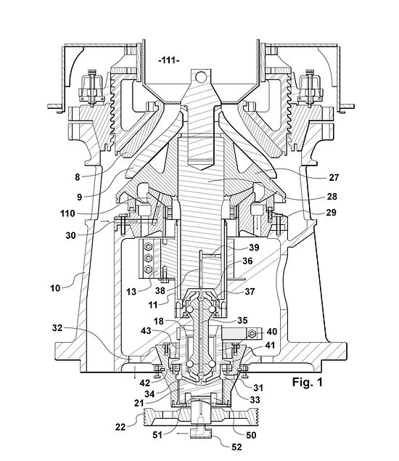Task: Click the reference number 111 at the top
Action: [169, 60]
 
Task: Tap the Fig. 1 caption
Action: [307, 382]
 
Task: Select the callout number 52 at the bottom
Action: [236, 447]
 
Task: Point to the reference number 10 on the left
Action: [55, 287]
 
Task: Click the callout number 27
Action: [334, 178]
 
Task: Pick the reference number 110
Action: [67, 213]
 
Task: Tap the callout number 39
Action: [254, 248]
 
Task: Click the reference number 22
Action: [120, 427]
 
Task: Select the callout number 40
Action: [272, 332]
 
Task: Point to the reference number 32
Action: [57, 327]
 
